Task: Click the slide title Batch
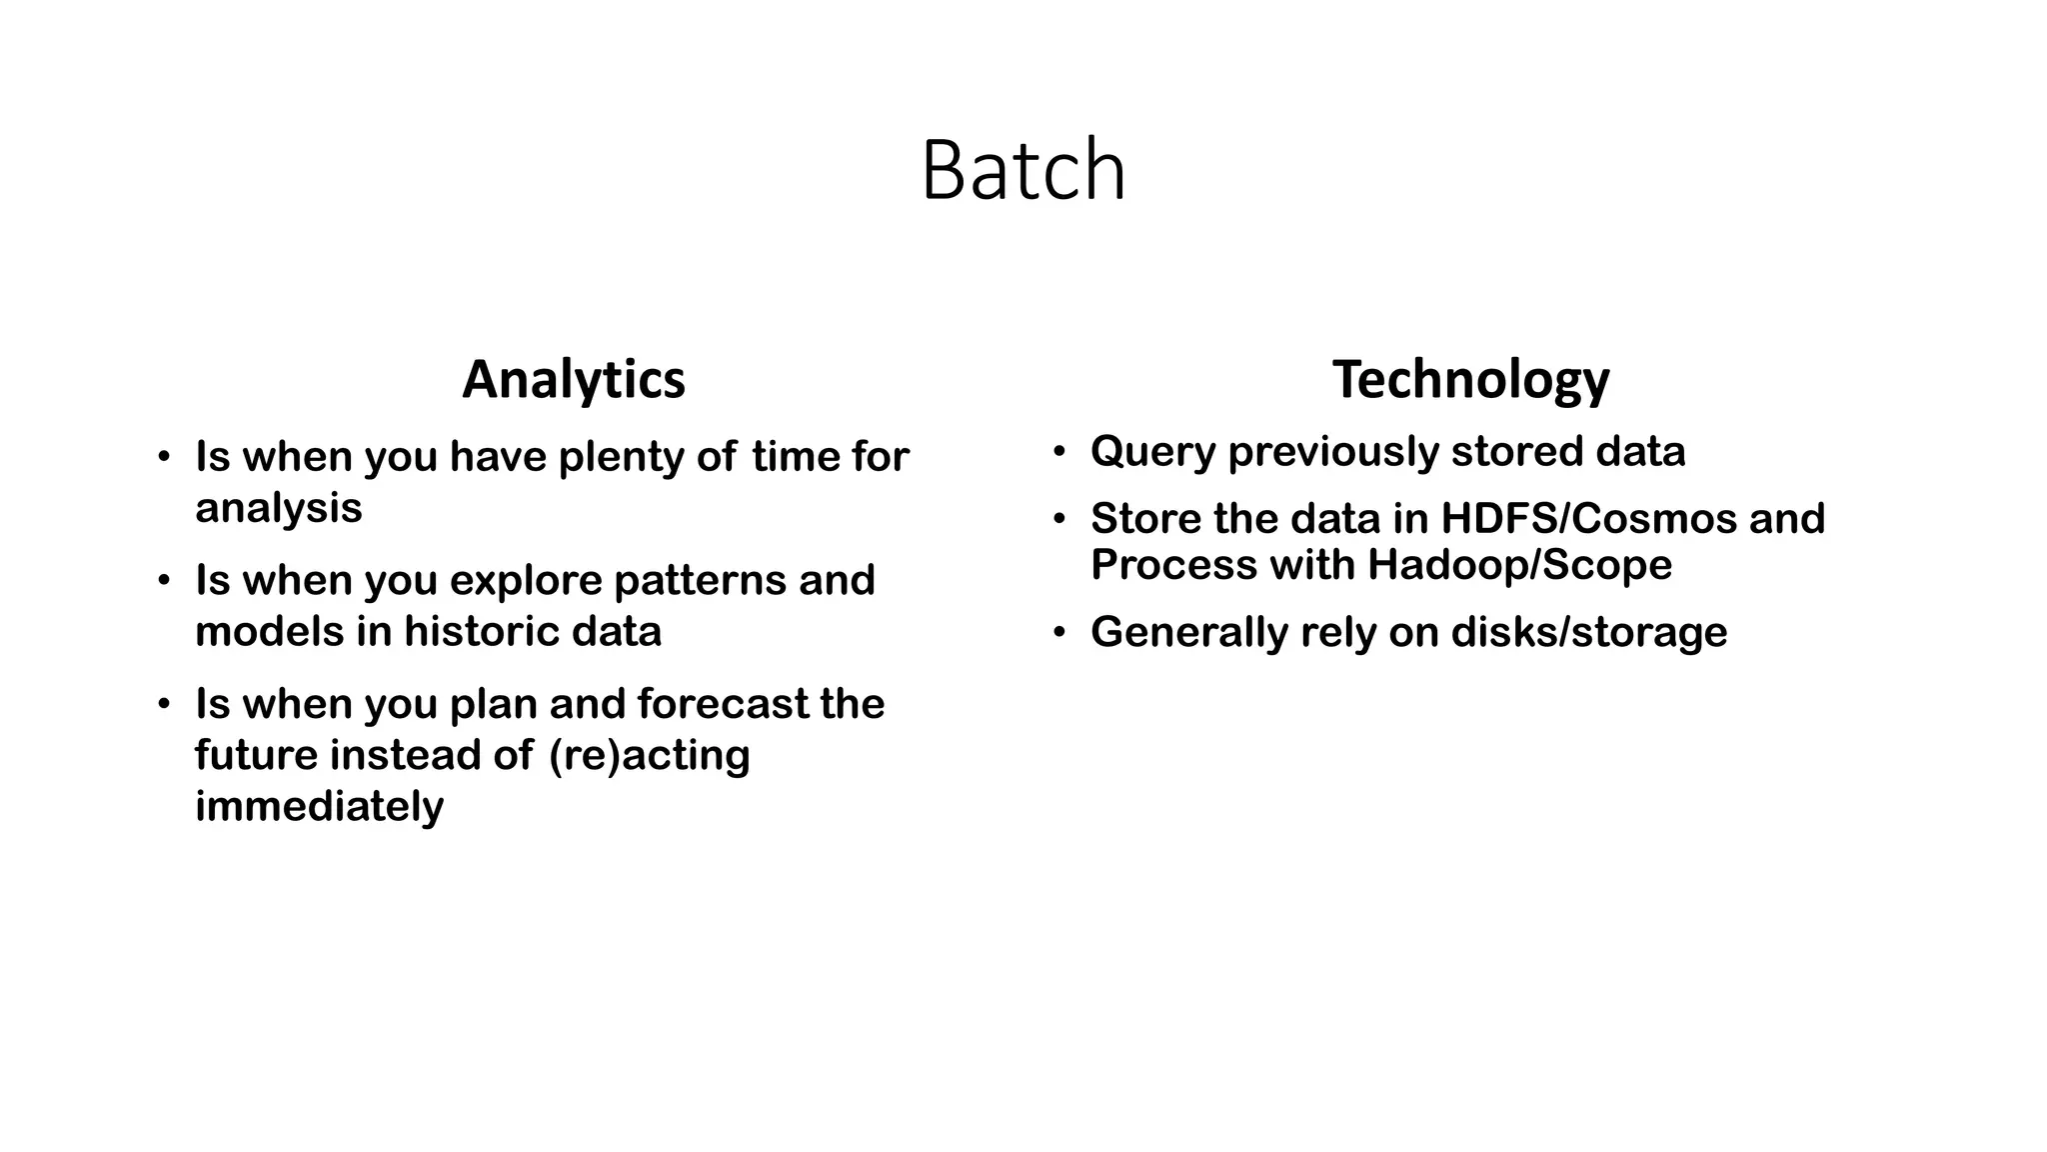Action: tap(1023, 170)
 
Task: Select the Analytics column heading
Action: tap(574, 380)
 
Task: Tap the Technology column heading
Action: tap(1470, 380)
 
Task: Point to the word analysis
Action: tap(278, 508)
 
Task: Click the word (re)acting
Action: tap(649, 755)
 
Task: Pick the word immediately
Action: tap(319, 806)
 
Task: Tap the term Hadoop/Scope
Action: tap(1519, 565)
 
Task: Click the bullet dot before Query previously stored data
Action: tap(1059, 452)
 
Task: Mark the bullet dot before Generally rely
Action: tap(1059, 633)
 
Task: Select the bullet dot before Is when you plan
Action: tap(164, 704)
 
